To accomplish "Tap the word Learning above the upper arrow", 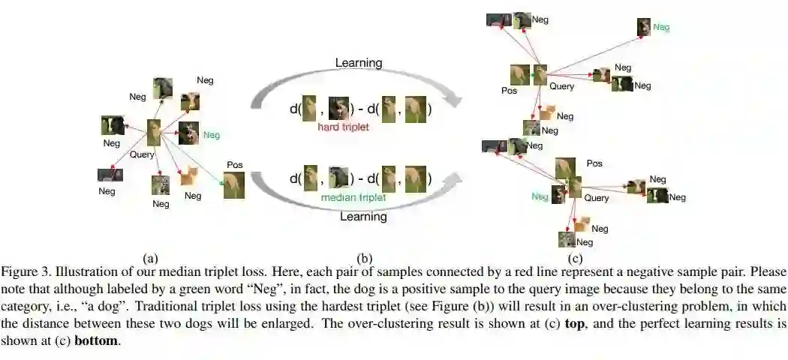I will [359, 63].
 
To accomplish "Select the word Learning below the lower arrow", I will [363, 217].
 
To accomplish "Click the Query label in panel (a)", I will [142, 154].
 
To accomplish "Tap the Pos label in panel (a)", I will [234, 164].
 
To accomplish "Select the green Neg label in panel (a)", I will [212, 136].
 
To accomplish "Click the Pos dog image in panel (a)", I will [234, 184].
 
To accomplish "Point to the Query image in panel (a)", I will [155, 133].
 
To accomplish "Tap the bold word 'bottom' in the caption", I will [95, 340].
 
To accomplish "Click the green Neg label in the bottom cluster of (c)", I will [540, 196].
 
